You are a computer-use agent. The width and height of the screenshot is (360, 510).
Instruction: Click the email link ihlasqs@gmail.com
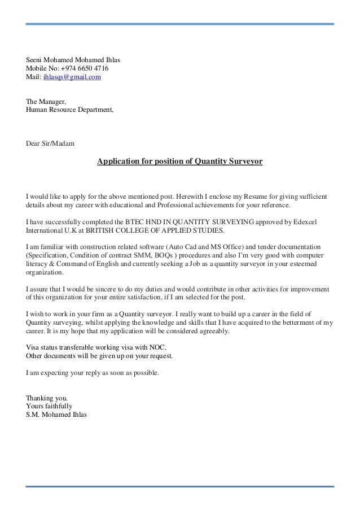pyautogui.click(x=72, y=76)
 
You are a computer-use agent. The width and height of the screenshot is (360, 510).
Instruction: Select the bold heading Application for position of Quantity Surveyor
pyautogui.click(x=179, y=162)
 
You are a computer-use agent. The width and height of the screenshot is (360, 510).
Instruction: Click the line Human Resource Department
pyautogui.click(x=69, y=110)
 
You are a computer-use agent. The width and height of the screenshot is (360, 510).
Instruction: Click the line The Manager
pyautogui.click(x=46, y=102)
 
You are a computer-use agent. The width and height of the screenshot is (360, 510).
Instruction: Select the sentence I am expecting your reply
pyautogui.click(x=93, y=373)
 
